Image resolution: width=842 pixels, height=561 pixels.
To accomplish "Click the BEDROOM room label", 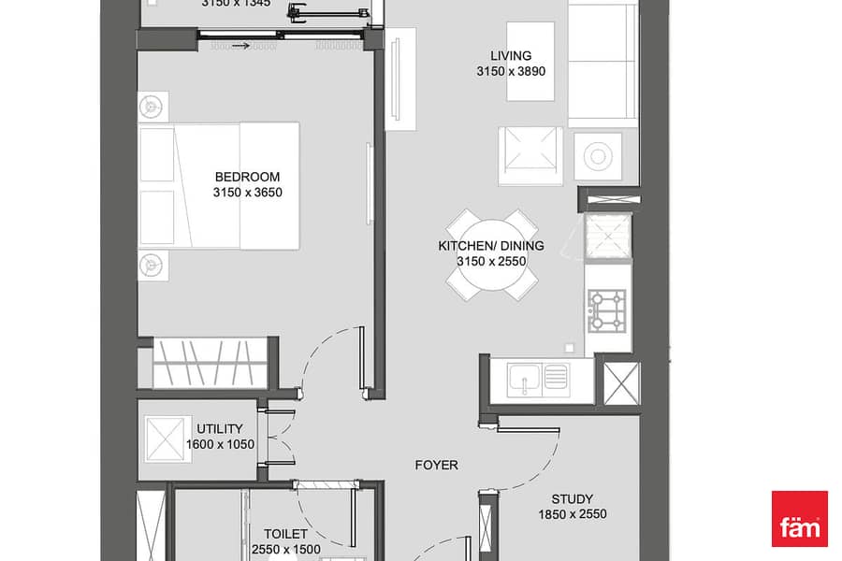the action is point(247,177).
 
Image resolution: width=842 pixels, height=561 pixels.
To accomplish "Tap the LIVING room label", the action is point(511,56).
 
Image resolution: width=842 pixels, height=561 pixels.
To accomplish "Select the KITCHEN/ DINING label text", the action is point(491,246).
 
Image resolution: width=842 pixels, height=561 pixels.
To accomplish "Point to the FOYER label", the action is point(437,465).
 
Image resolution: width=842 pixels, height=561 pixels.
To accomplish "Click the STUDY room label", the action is point(573,498).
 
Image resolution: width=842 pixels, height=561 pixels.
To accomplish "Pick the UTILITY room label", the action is point(220,429).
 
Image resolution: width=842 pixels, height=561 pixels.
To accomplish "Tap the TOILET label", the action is point(285,534).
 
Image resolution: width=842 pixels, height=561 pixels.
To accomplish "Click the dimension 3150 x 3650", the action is point(248,193).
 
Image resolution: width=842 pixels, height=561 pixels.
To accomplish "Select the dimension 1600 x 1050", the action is point(220,444).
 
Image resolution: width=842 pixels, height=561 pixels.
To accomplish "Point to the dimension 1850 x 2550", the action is point(573,514).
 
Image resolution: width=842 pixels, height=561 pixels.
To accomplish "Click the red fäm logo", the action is point(800,519).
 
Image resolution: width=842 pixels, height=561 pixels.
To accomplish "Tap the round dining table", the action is point(492,255).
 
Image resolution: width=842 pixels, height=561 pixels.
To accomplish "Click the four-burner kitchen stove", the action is point(607,310).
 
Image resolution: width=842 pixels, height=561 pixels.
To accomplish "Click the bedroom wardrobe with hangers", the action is point(210,363).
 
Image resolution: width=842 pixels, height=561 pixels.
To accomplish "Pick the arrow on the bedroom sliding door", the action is point(241,46).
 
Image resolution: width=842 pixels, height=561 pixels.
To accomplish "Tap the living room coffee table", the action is point(530,61).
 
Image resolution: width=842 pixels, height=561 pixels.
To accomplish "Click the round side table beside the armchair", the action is point(598,157).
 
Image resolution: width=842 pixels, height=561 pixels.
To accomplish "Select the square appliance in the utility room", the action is point(167,439).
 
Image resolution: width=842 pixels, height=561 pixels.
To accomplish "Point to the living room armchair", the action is point(530,156).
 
